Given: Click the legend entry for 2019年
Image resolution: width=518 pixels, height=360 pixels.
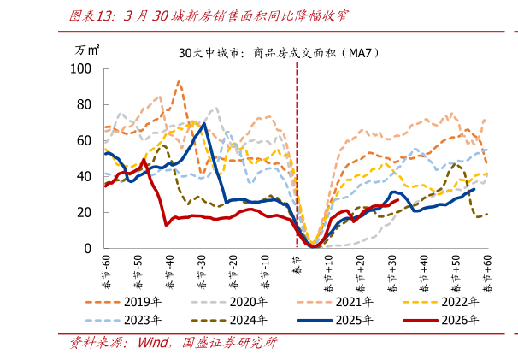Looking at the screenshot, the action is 124,302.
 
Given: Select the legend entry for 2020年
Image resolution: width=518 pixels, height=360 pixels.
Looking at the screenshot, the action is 229,302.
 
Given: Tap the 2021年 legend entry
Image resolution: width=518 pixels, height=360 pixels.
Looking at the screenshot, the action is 335,302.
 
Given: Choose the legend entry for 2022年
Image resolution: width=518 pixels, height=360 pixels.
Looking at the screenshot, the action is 441,302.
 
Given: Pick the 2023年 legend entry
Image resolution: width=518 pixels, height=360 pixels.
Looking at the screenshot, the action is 124,320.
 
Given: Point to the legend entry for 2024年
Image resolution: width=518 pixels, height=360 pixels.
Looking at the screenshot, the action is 229,320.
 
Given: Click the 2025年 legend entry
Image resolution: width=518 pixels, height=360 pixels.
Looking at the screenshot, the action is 335,320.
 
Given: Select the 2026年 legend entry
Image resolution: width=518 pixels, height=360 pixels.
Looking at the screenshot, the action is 441,320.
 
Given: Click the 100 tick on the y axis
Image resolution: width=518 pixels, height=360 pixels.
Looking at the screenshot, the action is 80,68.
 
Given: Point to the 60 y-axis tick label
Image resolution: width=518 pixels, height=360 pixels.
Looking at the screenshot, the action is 84,140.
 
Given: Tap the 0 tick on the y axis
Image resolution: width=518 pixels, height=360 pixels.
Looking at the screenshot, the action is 87,248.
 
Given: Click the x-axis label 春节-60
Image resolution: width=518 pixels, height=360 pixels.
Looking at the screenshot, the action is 106,272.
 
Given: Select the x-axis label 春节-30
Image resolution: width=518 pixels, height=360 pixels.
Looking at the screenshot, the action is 202,272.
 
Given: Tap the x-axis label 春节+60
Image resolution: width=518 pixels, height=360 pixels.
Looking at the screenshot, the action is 487,274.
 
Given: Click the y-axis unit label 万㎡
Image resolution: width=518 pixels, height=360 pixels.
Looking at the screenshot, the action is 87,50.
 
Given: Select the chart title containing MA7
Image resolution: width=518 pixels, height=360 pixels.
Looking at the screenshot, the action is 279,53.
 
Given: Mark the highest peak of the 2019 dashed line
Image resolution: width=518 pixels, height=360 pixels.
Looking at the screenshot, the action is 179,81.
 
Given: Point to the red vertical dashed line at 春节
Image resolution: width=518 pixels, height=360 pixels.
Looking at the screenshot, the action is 297,154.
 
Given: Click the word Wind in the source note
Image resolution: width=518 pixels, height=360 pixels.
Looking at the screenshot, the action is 153,343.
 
